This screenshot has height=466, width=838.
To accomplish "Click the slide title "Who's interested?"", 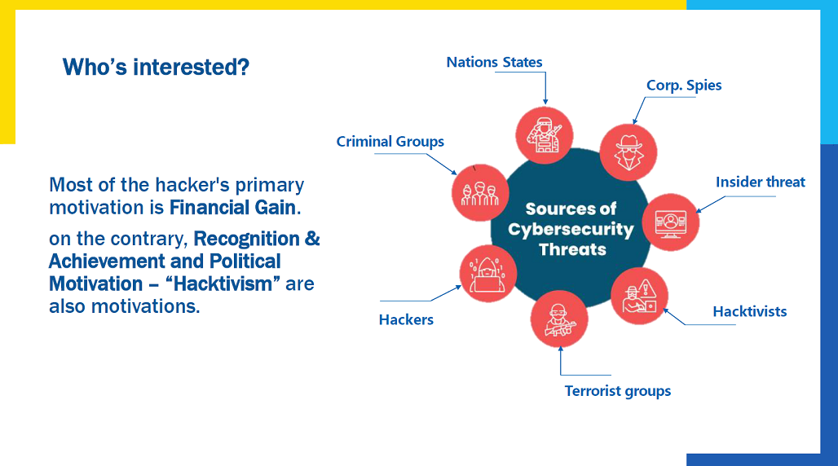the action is (156, 68).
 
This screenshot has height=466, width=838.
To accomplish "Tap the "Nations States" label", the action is (494, 62).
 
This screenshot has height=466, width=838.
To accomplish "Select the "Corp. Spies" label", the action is (684, 86).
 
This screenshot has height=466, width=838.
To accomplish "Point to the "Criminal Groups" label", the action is (390, 142).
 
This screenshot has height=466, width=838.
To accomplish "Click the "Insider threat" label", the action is (761, 182).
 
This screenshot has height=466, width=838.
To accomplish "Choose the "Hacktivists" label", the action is (750, 311).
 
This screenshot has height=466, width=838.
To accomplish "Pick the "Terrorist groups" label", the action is (618, 391).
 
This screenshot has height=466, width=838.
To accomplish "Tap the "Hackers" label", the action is (406, 319).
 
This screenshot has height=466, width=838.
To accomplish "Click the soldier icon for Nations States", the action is (545, 135).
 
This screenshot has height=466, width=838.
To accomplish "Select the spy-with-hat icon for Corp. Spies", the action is (628, 153).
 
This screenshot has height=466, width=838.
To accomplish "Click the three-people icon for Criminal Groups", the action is (480, 193).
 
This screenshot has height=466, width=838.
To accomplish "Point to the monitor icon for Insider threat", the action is (671, 222).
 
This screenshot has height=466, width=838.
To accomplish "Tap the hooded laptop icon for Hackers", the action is (488, 274).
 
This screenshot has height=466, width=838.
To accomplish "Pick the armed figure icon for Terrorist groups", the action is (559, 319).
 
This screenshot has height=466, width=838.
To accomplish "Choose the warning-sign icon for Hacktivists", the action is (639, 296).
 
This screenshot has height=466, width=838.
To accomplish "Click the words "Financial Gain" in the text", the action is (232, 208).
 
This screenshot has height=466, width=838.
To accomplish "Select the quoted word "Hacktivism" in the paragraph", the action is (223, 284).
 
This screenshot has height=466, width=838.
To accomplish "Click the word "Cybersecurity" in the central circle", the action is (571, 229).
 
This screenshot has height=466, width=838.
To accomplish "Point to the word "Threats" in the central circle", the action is (572, 249).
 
